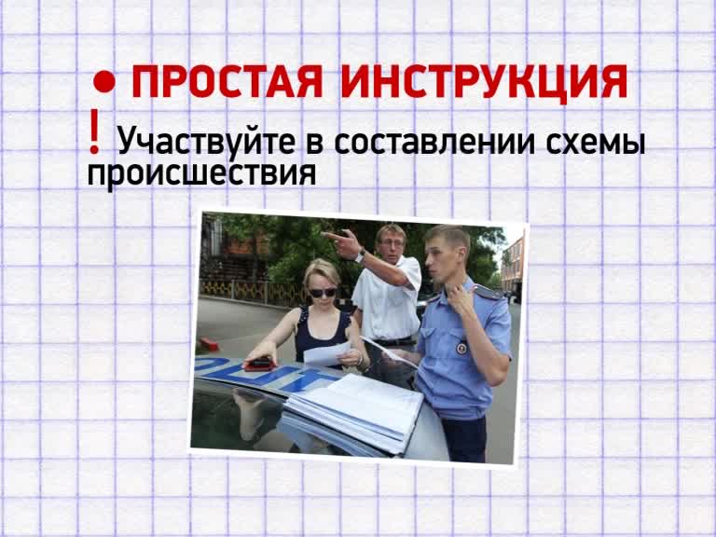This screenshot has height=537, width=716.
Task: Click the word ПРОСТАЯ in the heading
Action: [227, 82]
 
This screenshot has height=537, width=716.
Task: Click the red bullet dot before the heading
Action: [104, 81]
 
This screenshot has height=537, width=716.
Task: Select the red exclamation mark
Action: [94, 131]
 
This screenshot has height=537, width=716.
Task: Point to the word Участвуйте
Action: [206, 142]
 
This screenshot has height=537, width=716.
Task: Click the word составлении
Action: [434, 142]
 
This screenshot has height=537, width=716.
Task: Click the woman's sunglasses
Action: [323, 293]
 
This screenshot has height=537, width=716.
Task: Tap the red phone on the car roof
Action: [259, 364]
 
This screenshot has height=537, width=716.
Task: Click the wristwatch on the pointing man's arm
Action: [360, 255]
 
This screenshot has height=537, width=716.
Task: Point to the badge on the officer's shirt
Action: [461, 349]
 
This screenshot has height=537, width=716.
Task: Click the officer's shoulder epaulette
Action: [487, 292]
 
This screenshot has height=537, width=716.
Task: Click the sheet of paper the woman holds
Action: [326, 353]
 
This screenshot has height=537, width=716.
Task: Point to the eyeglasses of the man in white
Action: [392, 243]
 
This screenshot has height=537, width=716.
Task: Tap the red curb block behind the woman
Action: [210, 344]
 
